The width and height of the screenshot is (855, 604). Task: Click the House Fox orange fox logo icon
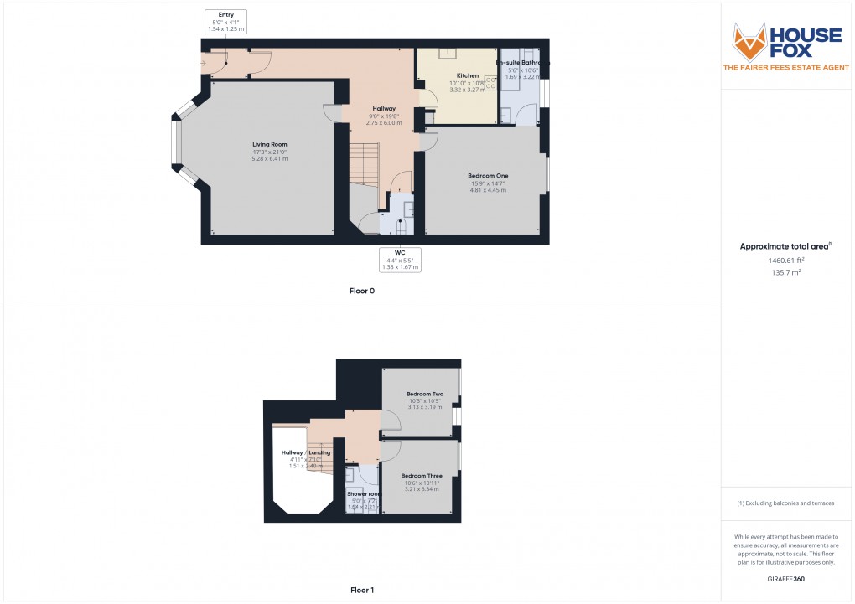(x=750, y=41)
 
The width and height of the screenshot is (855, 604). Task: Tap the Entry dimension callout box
(x=226, y=22)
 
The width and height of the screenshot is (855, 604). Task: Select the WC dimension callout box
(x=399, y=260)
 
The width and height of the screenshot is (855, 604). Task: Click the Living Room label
(x=270, y=144)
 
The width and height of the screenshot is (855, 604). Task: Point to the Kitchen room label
(x=468, y=75)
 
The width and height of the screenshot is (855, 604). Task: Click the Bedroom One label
(x=488, y=175)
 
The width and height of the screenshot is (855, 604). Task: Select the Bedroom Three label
(x=422, y=476)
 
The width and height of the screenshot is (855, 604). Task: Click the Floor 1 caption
(x=361, y=591)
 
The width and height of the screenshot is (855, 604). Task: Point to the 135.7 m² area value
(x=787, y=272)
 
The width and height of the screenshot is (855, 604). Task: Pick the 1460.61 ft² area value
(x=787, y=261)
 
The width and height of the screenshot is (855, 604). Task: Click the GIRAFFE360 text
(x=787, y=580)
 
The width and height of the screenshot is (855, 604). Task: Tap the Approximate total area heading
(x=785, y=246)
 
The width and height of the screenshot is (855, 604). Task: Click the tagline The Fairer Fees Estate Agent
(x=787, y=67)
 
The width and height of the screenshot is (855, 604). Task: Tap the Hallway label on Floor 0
(x=384, y=109)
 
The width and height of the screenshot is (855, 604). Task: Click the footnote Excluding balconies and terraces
(x=787, y=503)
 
